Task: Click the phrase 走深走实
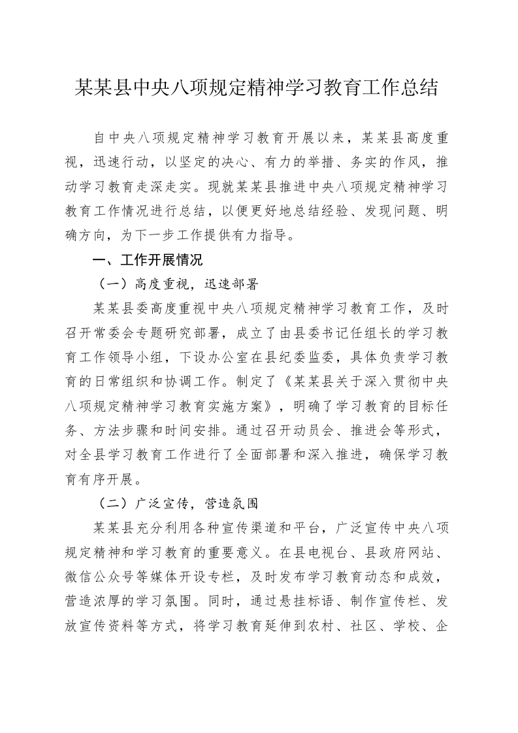[x=169, y=187]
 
